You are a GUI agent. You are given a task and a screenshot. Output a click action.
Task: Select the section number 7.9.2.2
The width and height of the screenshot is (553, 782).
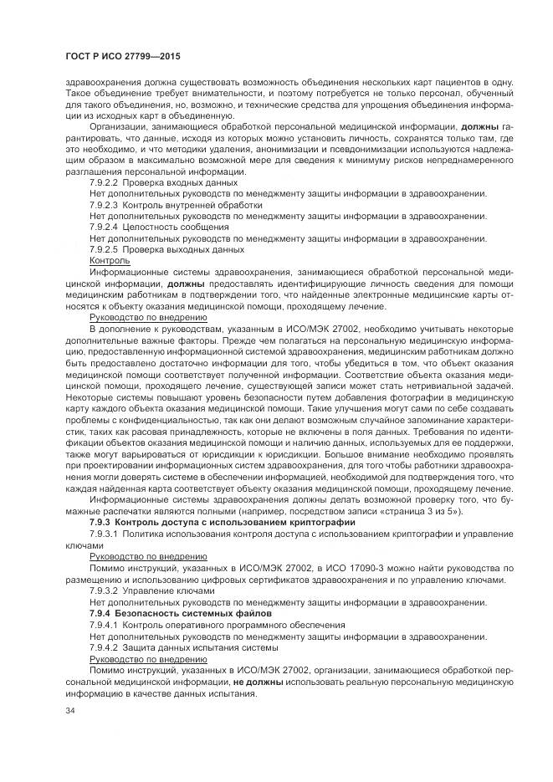104,181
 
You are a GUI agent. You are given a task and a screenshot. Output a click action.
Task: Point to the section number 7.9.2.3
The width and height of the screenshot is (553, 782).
104,204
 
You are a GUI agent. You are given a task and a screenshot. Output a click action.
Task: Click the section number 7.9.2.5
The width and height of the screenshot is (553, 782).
104,249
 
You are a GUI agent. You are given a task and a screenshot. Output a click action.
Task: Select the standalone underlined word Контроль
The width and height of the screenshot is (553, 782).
110,261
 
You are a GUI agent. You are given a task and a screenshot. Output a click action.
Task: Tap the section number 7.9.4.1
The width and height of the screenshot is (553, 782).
104,625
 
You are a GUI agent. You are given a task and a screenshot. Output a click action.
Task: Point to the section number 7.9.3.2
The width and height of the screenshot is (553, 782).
104,590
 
